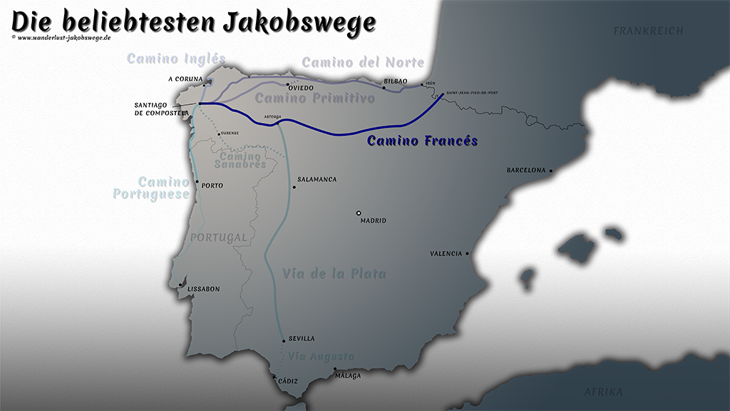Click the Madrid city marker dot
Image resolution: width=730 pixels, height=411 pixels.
point(359,213)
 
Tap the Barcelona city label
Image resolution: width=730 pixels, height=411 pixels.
point(526,171)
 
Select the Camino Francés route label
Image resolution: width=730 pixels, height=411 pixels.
point(422,141)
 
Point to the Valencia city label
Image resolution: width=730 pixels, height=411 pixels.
point(447,253)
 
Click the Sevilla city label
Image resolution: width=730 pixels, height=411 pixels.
point(302,339)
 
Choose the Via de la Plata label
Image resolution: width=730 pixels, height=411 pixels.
point(334,273)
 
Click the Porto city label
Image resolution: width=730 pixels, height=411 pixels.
point(212,186)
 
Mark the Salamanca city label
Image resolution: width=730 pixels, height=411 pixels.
point(317,180)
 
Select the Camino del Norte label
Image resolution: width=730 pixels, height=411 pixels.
point(363,63)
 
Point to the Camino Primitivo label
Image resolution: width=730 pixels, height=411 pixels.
point(314,98)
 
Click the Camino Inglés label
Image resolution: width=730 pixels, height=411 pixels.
point(176,59)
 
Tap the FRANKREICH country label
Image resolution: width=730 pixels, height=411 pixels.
point(648,31)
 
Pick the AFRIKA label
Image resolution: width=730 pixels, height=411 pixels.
point(603,392)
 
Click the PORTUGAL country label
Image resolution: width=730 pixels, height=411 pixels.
point(218,237)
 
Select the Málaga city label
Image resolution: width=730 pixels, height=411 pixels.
point(348,376)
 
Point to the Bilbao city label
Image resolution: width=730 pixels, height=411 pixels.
point(396,82)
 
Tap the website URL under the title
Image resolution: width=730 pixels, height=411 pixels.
point(63,37)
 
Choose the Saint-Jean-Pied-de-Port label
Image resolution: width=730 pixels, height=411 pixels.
point(473,93)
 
